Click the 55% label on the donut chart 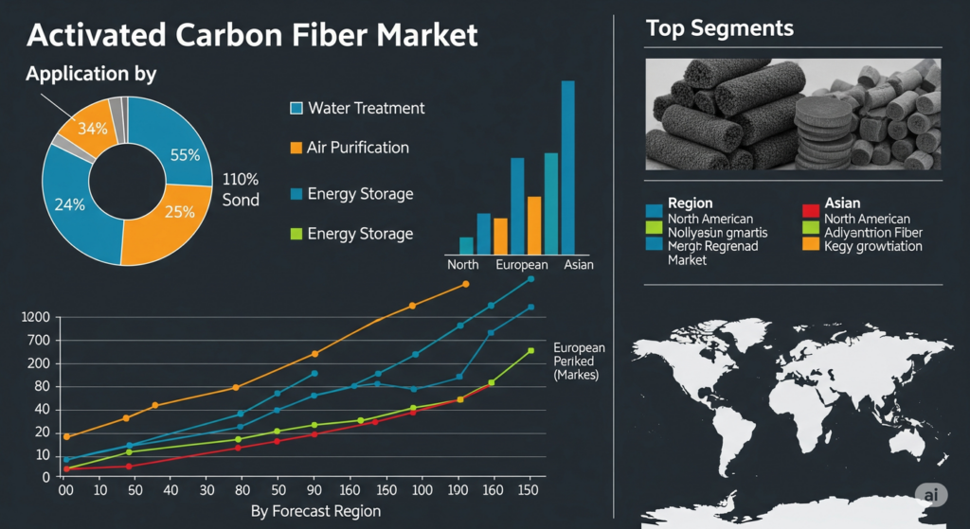tap(185, 155)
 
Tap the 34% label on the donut tap(92, 129)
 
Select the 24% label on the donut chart tap(69, 203)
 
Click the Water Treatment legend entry tap(366, 108)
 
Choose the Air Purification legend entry tap(357, 148)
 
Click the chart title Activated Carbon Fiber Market tap(252, 35)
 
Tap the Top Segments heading tap(719, 28)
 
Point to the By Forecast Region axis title tap(315, 511)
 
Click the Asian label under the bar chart tap(578, 265)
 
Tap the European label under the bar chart tap(521, 265)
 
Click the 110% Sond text tap(241, 189)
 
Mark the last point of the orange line tap(465, 284)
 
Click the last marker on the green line tap(530, 351)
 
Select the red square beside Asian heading tap(810, 209)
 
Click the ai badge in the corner tap(932, 494)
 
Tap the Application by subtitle tap(91, 74)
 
